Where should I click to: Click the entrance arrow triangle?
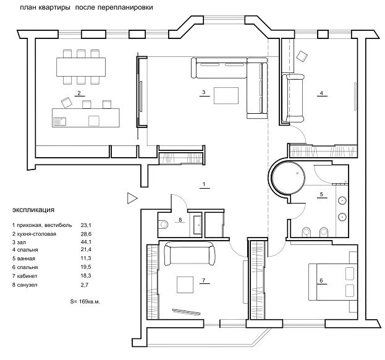132,199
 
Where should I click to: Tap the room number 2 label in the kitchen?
79,93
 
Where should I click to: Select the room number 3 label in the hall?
203,92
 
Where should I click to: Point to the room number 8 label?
180,220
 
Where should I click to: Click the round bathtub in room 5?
289,177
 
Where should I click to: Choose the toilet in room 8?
163,224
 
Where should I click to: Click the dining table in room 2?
81,67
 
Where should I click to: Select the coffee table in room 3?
226,96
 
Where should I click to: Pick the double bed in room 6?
332,282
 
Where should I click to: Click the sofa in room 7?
190,254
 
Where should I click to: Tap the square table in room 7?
185,285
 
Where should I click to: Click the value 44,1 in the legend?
86,242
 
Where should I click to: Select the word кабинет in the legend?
27,276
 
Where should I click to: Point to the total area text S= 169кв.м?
85,301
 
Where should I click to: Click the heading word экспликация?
33,210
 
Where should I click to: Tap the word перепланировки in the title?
125,7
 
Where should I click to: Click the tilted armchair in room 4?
302,56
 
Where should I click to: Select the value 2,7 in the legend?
85,285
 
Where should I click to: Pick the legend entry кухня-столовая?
36,234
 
